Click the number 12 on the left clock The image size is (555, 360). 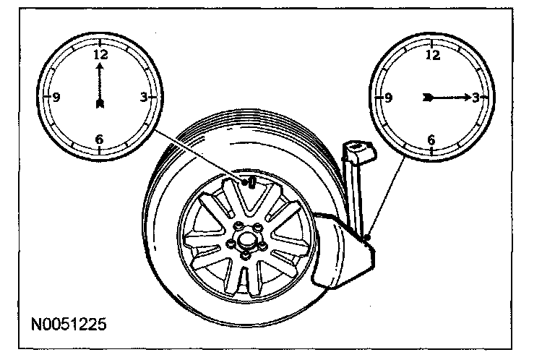[x=100, y=54]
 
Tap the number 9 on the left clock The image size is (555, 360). [x=56, y=97]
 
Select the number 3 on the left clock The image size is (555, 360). [x=144, y=97]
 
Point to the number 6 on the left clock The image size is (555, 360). [x=99, y=140]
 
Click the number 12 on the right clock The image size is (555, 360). [x=433, y=54]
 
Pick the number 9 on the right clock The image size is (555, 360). [x=389, y=98]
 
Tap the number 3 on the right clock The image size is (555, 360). [x=476, y=98]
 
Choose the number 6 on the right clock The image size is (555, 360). [x=432, y=140]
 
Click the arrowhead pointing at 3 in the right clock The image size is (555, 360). [x=466, y=97]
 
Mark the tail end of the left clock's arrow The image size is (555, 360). [x=100, y=104]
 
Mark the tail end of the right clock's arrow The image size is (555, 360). [x=428, y=97]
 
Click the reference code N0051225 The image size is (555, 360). [x=69, y=323]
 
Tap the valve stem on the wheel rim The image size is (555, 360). [x=251, y=181]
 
